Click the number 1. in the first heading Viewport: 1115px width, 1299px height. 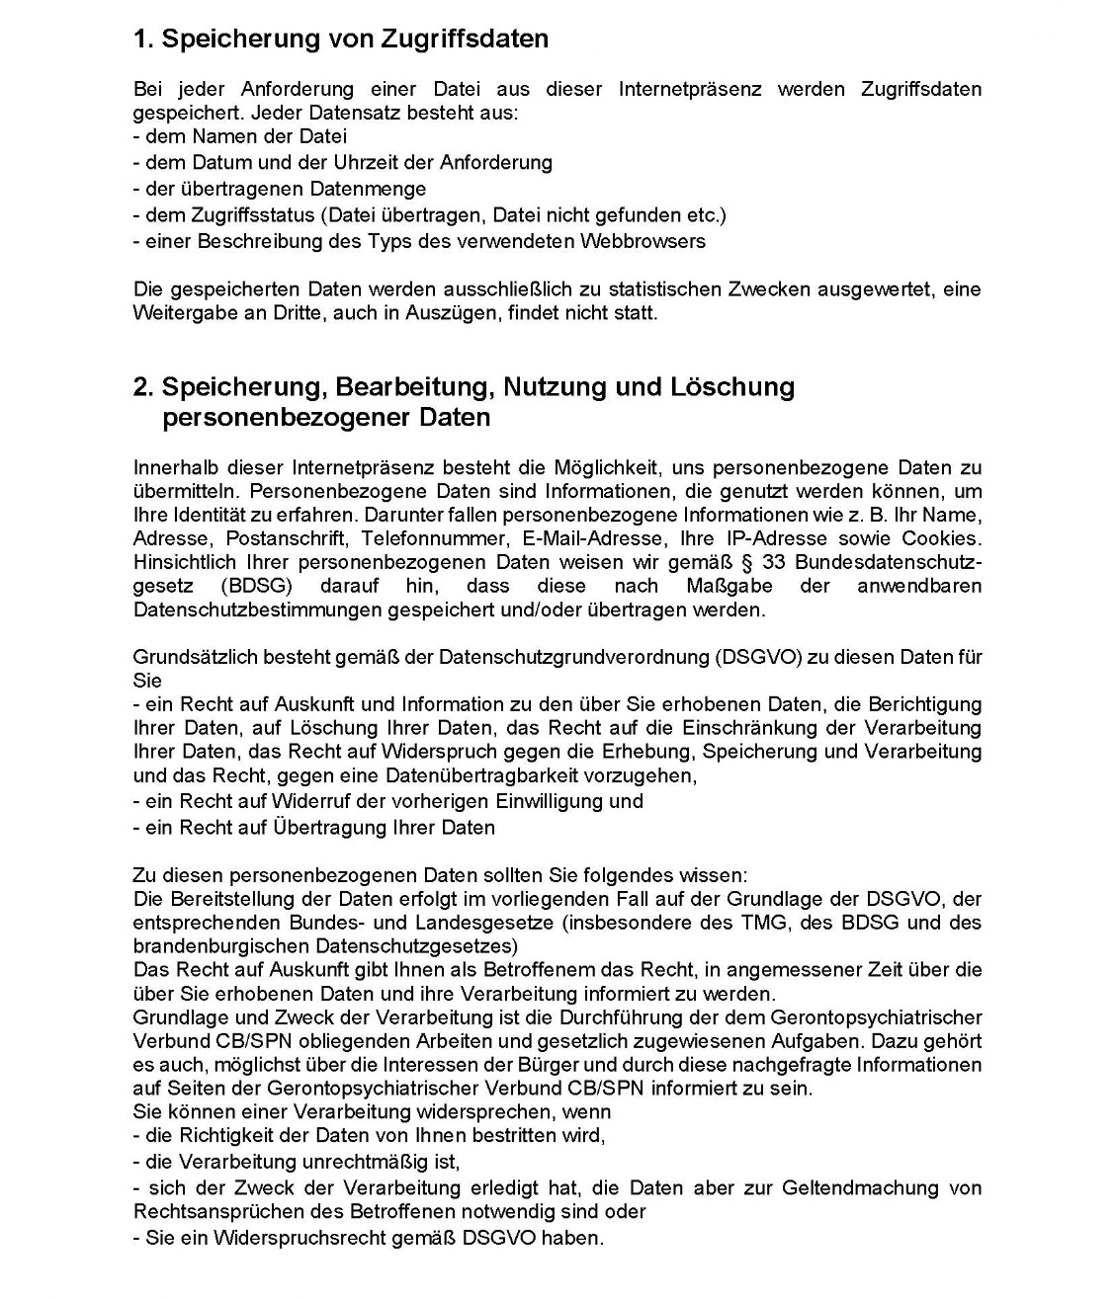143,39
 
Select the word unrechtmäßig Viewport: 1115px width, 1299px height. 401,1162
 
